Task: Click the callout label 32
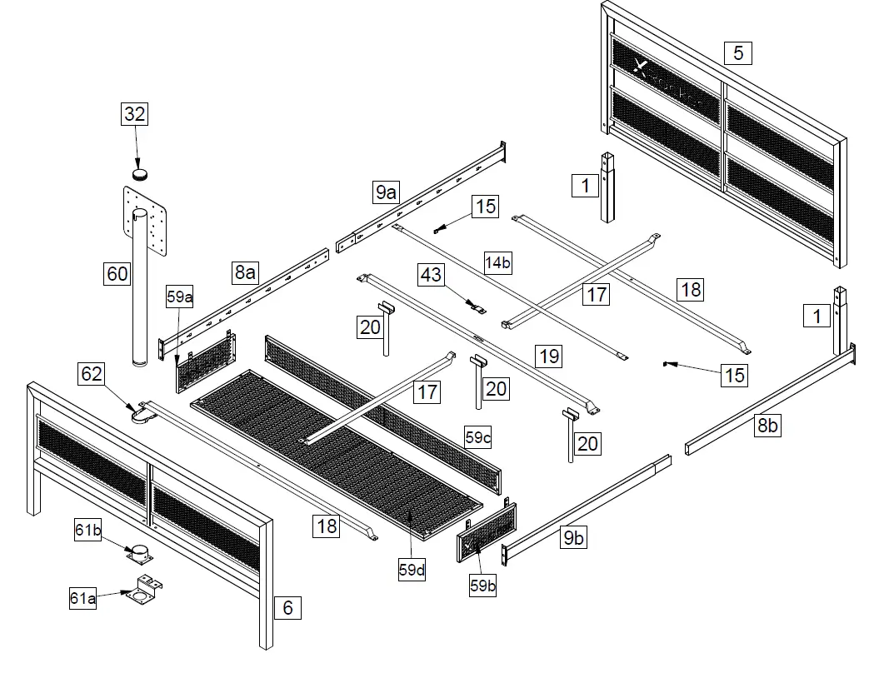(135, 115)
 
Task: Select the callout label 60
(117, 273)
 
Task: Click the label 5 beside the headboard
(737, 53)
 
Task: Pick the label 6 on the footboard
(287, 607)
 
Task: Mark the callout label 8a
(245, 272)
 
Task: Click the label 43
(431, 274)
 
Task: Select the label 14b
(497, 263)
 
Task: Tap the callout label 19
(548, 356)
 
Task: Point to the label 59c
(478, 437)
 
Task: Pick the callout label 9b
(573, 537)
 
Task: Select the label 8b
(767, 426)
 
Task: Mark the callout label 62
(92, 374)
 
